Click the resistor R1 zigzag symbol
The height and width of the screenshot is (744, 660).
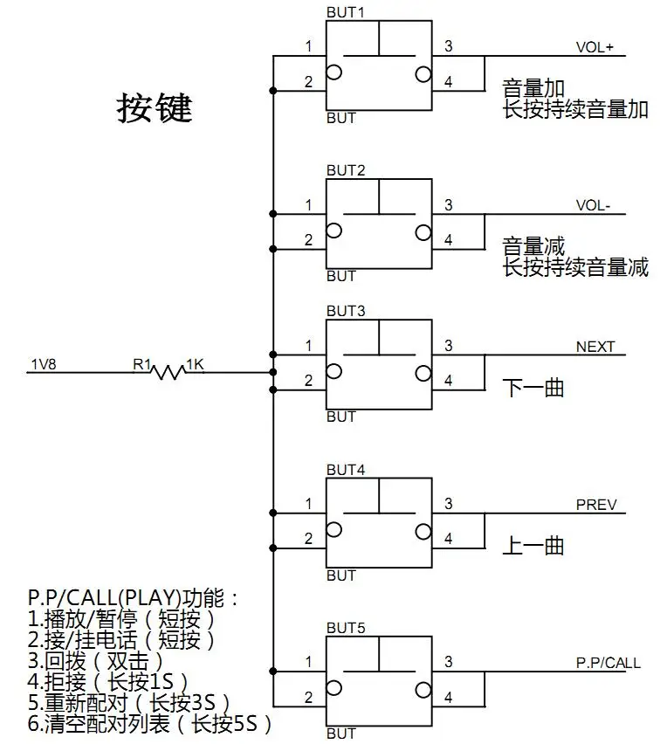pos(168,372)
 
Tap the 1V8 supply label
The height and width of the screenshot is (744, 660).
pos(44,364)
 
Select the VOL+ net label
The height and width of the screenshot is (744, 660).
pos(595,47)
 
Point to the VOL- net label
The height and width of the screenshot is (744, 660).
pos(593,205)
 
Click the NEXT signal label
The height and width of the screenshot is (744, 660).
pos(595,347)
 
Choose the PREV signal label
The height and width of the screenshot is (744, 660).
pos(596,505)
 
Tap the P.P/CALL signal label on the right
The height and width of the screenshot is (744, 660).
pos(608,663)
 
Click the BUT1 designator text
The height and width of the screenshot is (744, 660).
pos(346,12)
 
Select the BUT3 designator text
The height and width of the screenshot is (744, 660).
pos(346,311)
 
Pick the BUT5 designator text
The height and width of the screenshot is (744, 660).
pos(346,628)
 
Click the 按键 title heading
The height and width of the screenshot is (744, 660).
pos(155,107)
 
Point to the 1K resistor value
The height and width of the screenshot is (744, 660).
pos(195,364)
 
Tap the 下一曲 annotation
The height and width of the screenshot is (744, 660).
pos(533,388)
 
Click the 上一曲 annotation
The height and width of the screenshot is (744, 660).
pos(533,546)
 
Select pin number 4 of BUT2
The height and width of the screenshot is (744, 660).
pos(449,240)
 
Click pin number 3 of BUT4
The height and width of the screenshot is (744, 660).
pos(449,504)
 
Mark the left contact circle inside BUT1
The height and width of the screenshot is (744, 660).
pos(334,72)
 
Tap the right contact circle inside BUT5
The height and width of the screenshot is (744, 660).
pos(423,690)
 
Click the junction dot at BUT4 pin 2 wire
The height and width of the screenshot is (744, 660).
pos(273,548)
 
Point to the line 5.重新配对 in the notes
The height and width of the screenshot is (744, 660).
pos(129,702)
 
